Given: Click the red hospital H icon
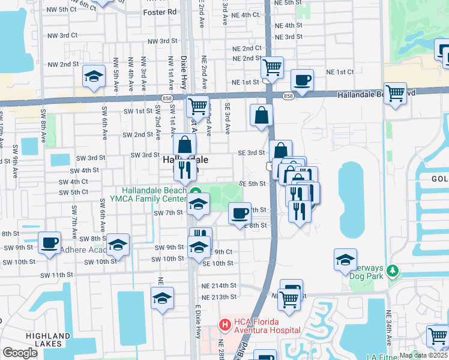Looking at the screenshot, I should tap(224, 325).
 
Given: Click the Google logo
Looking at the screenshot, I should tap(20, 353).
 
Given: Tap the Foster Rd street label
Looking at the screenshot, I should tap(160, 11).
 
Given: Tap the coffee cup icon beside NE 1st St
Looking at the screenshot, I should tap(301, 79).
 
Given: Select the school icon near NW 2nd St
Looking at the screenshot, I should tap(94, 76).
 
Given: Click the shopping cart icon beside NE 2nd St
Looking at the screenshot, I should tap(272, 67).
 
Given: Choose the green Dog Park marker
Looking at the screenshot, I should tap(393, 272).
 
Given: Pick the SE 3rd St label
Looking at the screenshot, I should tap(252, 153).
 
